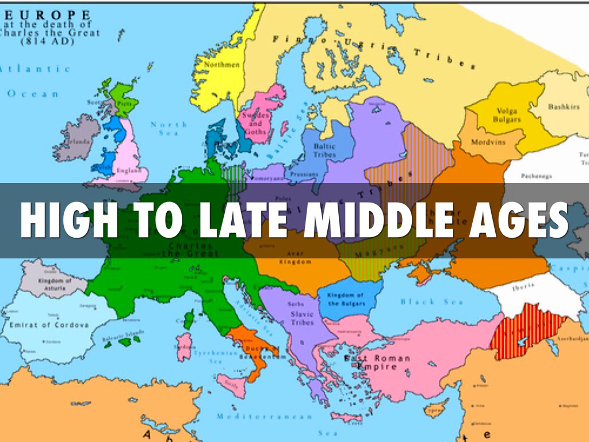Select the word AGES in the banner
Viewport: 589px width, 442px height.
pos(512,220)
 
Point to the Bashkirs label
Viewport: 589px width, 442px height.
pos(564,107)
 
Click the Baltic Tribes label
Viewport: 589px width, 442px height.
pos(324,150)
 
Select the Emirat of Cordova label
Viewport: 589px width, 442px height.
pos(49,325)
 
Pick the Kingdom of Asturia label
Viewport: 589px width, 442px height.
pos(55,283)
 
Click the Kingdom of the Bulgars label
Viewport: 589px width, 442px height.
pos(346,299)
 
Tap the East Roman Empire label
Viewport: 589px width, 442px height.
pos(377,362)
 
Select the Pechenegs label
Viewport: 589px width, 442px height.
pos(537,176)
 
